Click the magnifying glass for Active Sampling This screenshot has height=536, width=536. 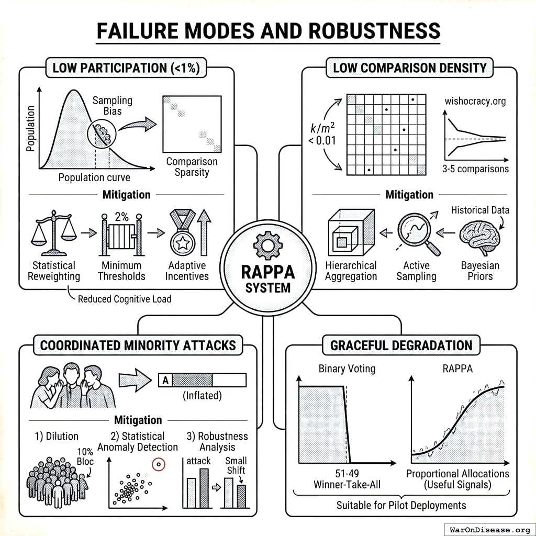point(415,230)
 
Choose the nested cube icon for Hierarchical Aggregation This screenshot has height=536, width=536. point(350,232)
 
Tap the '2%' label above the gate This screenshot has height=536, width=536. point(122,216)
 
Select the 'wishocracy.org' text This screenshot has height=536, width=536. point(475,101)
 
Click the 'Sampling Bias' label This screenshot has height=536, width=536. point(113,106)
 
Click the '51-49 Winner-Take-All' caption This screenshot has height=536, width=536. point(347,479)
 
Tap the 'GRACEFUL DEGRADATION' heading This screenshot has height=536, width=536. point(401,345)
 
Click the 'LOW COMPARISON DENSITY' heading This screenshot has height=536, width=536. point(409,68)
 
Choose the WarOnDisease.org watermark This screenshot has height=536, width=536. point(489,529)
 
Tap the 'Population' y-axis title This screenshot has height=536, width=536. point(30,128)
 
